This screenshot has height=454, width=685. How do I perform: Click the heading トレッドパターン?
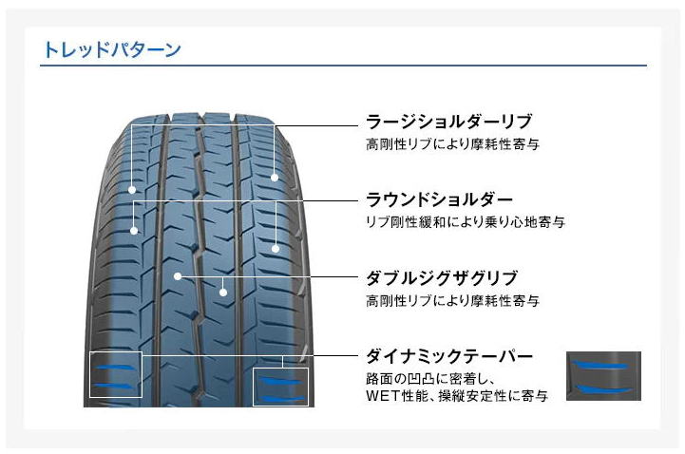tap(112, 49)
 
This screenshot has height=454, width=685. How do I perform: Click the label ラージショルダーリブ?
tap(449, 122)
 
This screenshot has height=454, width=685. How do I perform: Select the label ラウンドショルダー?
tap(439, 199)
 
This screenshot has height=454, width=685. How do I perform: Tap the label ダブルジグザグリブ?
tap(442, 277)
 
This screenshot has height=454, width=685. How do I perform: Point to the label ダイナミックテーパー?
tap(449, 356)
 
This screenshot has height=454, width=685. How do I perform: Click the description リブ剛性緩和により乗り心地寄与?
tap(466, 221)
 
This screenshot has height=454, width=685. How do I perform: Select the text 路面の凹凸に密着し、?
tap(430, 378)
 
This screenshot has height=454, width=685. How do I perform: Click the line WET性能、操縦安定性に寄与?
tap(457, 396)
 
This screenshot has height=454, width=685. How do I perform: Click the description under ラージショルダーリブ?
tap(452, 143)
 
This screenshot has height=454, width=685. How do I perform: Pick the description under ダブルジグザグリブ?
tap(452, 300)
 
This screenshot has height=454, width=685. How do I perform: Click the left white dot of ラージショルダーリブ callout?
tap(132, 190)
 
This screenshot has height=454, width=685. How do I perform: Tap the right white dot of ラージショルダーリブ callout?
tap(275, 178)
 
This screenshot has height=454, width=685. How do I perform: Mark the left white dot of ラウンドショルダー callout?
tap(134, 231)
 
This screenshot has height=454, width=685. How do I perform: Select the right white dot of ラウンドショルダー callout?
tap(276, 249)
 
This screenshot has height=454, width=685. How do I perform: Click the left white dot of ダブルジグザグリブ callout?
tap(178, 276)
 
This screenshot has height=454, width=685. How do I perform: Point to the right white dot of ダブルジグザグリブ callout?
tap(223, 293)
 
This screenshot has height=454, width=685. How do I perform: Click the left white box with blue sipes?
tap(90, 374)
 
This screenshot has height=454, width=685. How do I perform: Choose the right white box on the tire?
tap(254, 387)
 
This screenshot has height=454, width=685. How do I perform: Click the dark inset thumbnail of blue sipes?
tap(603, 376)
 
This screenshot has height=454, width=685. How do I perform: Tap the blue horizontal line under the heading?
tap(343, 66)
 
